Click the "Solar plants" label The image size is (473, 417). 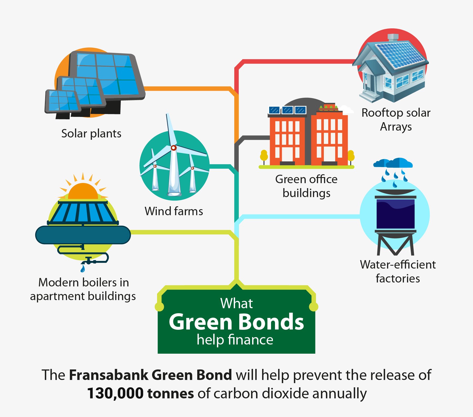(x=91, y=134)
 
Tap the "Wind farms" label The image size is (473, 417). (x=174, y=211)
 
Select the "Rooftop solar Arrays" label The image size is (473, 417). (x=396, y=120)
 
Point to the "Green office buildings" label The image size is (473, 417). (x=306, y=186)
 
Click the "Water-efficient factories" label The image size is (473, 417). (x=398, y=271)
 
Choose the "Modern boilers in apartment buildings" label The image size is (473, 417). (x=83, y=289)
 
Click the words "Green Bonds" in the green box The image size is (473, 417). (x=236, y=322)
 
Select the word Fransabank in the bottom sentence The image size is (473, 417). (x=109, y=375)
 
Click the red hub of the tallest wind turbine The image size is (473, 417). (x=173, y=148)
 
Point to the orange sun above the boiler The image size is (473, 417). (x=83, y=191)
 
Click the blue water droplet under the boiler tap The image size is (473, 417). (x=83, y=269)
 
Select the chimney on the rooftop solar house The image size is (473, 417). (x=393, y=38)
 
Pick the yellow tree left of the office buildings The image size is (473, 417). (x=264, y=156)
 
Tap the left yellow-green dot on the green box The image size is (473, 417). (x=159, y=307)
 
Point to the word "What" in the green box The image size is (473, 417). (x=236, y=303)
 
